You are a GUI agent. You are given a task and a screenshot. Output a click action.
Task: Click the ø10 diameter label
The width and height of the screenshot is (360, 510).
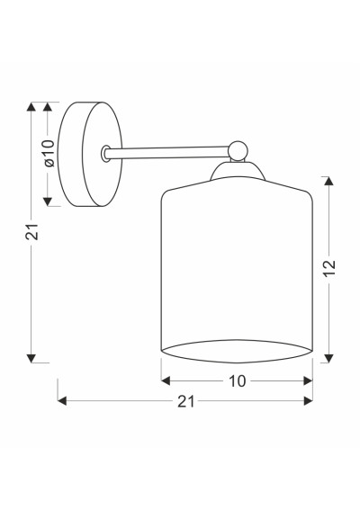(49, 153)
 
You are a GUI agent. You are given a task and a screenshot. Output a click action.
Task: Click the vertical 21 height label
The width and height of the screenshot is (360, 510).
(31, 232)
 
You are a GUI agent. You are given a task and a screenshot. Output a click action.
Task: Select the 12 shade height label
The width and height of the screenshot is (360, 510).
(329, 268)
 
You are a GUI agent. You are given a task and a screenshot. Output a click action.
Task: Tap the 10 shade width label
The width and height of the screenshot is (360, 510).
(238, 381)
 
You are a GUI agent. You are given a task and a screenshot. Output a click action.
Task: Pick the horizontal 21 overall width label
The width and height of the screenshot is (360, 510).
(186, 402)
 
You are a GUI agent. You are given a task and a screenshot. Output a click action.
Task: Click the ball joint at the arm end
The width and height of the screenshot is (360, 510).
(238, 151)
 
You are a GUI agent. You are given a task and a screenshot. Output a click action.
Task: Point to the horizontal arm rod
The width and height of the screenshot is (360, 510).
(167, 153)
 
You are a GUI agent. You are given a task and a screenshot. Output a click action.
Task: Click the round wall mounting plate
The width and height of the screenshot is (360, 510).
(90, 154)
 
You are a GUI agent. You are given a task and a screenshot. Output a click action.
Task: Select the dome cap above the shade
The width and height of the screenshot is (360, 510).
(238, 171)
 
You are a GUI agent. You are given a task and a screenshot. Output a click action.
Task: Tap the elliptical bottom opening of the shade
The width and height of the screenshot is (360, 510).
(237, 352)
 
